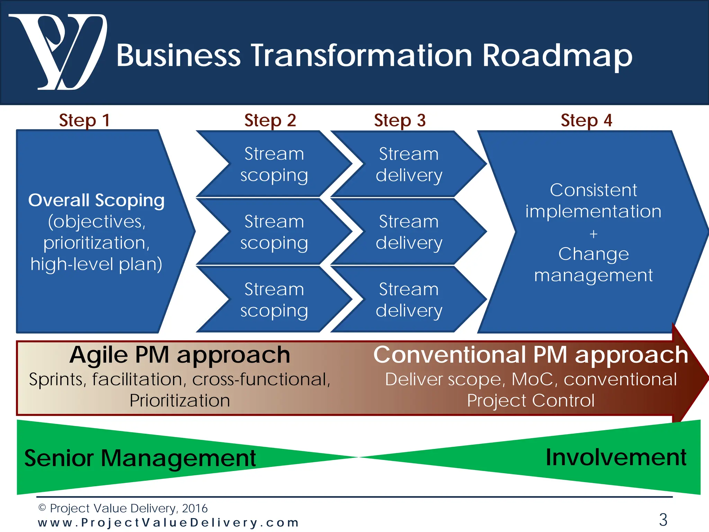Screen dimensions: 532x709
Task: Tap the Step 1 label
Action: (x=84, y=121)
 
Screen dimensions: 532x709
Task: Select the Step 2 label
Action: (x=270, y=121)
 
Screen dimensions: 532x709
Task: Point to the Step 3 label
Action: (x=400, y=121)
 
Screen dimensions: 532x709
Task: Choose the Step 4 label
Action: (x=586, y=121)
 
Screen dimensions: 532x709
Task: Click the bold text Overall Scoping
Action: (x=96, y=200)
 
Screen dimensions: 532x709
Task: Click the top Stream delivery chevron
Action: (x=409, y=164)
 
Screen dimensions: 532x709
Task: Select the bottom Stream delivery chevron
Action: (x=409, y=300)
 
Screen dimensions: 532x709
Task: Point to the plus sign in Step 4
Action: (x=593, y=234)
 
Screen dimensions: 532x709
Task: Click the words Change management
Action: (x=593, y=265)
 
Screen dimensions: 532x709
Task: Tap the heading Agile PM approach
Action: (x=180, y=355)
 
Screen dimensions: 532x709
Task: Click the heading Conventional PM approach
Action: (x=531, y=355)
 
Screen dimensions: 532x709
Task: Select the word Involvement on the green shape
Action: (x=616, y=458)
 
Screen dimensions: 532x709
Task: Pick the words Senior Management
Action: (x=140, y=458)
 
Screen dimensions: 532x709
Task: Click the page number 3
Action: (x=663, y=520)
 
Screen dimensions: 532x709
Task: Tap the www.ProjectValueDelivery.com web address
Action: (x=168, y=523)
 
